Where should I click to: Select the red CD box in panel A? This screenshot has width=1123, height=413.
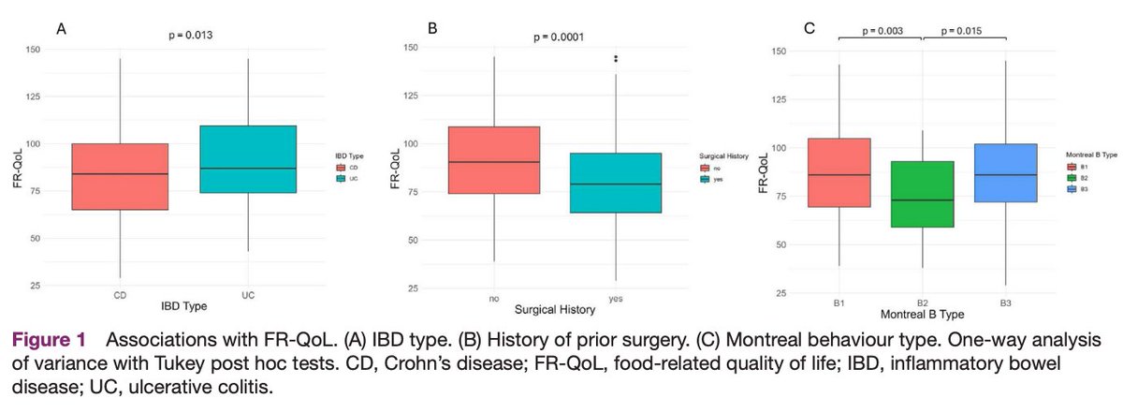(x=120, y=176)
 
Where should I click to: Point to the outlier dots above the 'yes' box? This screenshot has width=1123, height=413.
(x=616, y=59)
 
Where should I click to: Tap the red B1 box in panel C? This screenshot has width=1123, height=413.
(x=839, y=172)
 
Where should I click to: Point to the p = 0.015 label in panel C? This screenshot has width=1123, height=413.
(x=965, y=31)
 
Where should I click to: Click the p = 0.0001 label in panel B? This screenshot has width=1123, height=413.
(x=559, y=37)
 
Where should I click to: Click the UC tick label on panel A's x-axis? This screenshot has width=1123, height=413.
(x=248, y=296)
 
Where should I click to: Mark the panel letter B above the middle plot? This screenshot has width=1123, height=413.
(x=432, y=28)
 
